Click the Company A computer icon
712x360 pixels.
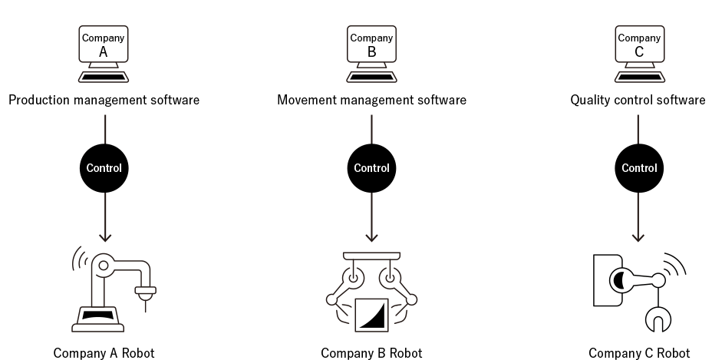(x=104, y=52)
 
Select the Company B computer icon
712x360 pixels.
(x=371, y=52)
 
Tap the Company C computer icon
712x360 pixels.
(x=638, y=52)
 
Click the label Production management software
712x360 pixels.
(x=104, y=101)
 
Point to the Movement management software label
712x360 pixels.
(x=371, y=101)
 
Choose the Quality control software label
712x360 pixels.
(x=638, y=101)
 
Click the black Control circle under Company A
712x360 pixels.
(x=104, y=168)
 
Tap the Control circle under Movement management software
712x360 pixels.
(x=371, y=168)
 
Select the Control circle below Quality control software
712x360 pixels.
(x=638, y=168)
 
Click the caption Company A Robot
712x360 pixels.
(x=104, y=353)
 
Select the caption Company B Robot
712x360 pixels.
(x=371, y=353)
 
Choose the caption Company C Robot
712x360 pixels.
(x=638, y=353)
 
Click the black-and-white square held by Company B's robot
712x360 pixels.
(x=371, y=315)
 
